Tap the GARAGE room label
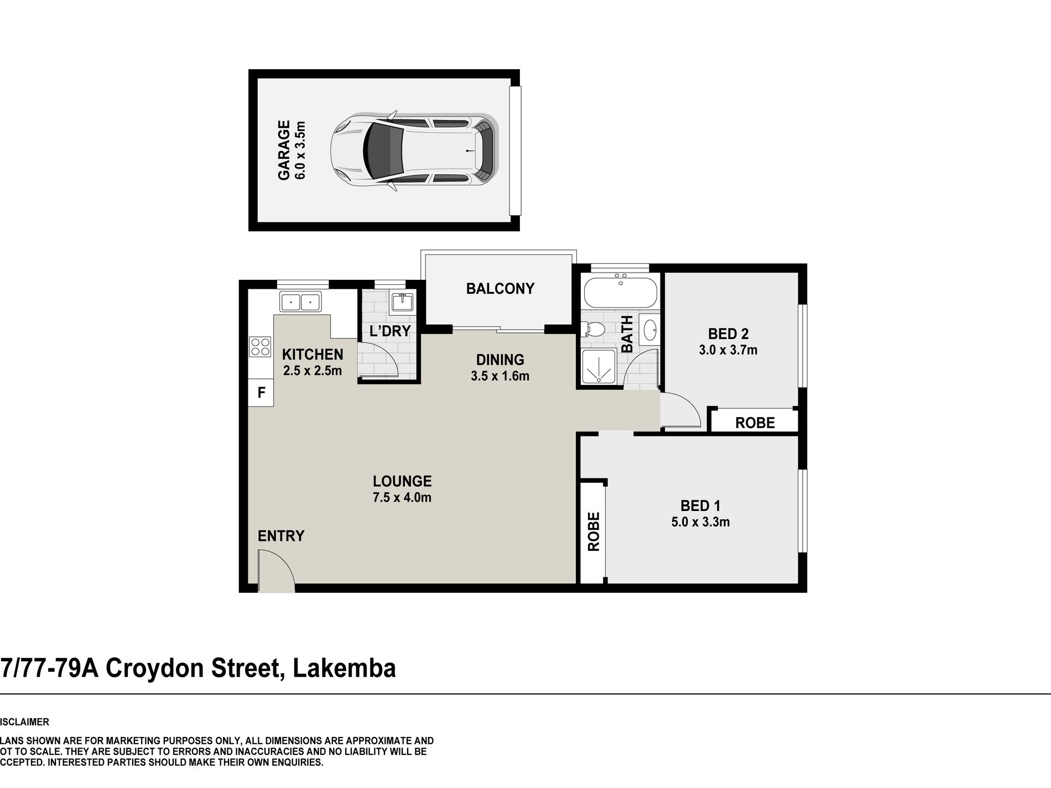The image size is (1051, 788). (284, 150)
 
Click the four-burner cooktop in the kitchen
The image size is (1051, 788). (260, 347)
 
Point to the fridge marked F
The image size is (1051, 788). (261, 393)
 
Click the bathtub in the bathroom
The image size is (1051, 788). (620, 292)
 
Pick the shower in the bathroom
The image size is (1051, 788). (599, 366)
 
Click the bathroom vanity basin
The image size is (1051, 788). (650, 330)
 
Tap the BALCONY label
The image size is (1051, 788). (500, 289)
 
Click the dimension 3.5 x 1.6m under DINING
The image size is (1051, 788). (500, 376)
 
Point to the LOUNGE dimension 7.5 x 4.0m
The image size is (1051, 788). (402, 497)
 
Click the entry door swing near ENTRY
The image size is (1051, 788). (275, 572)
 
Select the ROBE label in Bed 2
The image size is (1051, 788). (755, 423)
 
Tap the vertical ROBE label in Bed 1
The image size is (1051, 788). (593, 531)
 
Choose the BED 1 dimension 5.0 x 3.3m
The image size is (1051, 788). (700, 522)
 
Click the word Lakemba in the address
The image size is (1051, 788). (344, 668)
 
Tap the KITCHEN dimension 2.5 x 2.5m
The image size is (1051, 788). (312, 370)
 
